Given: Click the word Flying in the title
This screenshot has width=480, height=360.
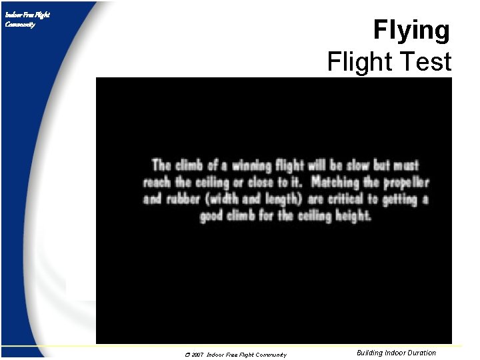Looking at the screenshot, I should click(x=411, y=31).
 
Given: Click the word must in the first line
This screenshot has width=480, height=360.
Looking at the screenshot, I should click(x=406, y=165).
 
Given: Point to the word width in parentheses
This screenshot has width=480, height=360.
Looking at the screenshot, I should click(x=229, y=199).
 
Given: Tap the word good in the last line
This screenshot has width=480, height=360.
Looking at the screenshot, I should click(x=214, y=216).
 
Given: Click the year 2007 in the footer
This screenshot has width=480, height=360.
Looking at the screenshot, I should click(x=197, y=355).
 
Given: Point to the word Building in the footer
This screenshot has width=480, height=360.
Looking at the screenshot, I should click(x=370, y=353).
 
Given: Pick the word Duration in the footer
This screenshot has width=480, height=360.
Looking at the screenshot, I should click(x=421, y=353).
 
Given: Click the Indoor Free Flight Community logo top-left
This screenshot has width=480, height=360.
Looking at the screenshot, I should click(x=27, y=19).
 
